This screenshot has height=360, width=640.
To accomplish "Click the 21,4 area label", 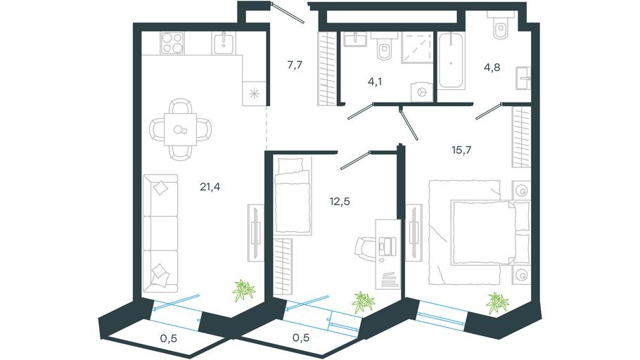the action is coord(210,187).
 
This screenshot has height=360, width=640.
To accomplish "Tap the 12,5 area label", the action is coord(340,201).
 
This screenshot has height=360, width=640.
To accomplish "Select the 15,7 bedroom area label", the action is coord(461,150).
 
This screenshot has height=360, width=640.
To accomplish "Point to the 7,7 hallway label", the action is coord(294,65).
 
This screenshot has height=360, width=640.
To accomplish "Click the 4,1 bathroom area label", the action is coord(375,82).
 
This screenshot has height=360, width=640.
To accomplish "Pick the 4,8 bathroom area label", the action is coord(492,67).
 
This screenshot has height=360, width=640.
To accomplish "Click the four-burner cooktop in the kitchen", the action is coord(172,43).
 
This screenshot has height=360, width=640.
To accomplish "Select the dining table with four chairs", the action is coord(181,129).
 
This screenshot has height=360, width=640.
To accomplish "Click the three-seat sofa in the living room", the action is coord(160,233).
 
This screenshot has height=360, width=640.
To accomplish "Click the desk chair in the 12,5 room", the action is coord(364,248).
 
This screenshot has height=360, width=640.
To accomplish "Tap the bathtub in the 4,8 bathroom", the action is coord(451,60).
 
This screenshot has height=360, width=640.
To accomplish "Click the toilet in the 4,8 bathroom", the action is coord(501,25).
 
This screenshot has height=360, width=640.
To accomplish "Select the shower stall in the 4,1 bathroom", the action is coord(417,48).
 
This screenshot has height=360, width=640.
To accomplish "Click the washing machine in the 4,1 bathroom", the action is coord(422,91).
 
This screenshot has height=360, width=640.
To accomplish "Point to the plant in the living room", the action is coord(243,290).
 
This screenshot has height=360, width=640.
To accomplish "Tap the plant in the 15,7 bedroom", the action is coord(497,303).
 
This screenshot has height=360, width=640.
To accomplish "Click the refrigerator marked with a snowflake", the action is coord(255,94).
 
